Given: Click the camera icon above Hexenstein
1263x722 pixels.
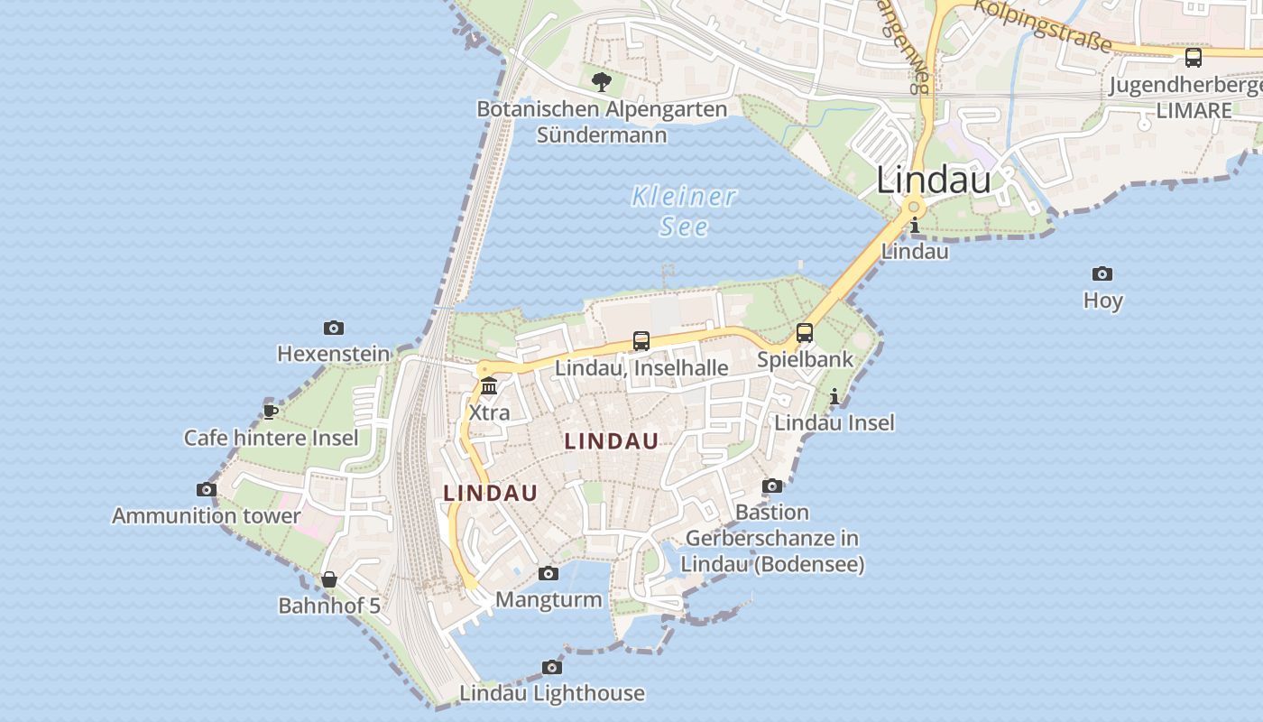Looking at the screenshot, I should click(334, 328).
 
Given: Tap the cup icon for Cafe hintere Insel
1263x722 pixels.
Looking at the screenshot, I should click(270, 412).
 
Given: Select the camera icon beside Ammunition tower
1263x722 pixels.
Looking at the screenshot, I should click(207, 489).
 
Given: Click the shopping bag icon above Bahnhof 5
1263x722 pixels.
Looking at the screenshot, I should click(329, 579).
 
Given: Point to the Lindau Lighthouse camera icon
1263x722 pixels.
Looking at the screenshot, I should click(552, 667).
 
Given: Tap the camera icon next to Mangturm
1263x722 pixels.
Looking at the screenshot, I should click(548, 573).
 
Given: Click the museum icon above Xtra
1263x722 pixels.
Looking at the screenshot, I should click(489, 386).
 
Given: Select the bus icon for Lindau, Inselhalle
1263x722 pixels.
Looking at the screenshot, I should click(641, 340).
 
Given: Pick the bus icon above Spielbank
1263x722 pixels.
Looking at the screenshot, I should click(805, 332).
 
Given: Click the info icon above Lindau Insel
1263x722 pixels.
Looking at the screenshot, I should click(834, 395).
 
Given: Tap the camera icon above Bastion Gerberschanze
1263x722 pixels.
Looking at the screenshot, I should click(772, 486).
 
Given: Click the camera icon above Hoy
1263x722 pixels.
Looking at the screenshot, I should click(1102, 273).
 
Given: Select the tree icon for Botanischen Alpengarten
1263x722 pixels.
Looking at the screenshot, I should click(602, 82).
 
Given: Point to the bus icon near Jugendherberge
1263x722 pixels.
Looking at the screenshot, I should click(1194, 58).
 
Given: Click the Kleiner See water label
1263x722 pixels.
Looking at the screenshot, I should click(684, 210).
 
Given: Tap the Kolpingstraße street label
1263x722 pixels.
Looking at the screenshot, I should click(1042, 24).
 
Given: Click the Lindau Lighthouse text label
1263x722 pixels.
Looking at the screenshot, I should click(552, 693).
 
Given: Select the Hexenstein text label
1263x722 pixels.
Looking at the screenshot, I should click(334, 354).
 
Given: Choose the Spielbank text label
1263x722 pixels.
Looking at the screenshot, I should click(805, 359).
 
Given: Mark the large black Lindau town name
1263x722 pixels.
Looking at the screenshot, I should click(934, 180).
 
